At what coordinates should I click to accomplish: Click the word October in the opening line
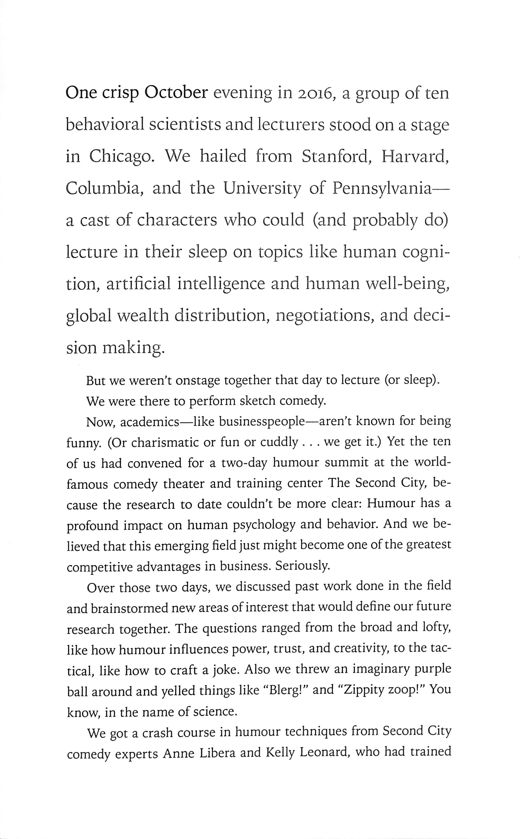[176, 93]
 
